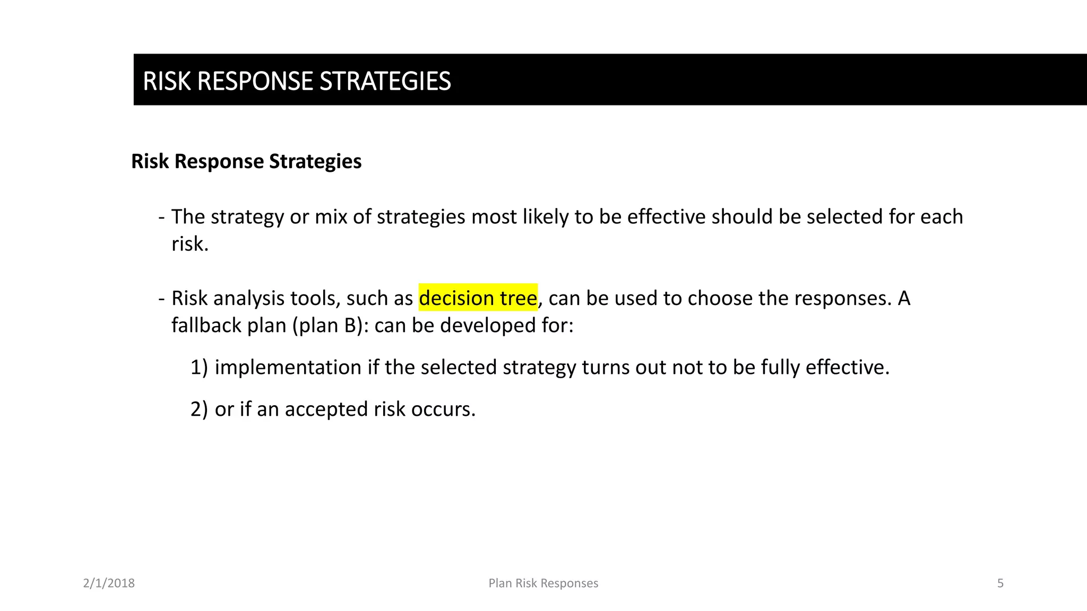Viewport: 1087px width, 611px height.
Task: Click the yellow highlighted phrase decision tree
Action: pos(478,298)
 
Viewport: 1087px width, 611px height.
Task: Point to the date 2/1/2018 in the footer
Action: pos(109,583)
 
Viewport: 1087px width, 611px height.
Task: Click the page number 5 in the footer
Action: pos(1000,583)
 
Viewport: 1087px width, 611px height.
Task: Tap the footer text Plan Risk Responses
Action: pos(543,583)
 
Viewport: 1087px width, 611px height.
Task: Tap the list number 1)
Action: pos(199,367)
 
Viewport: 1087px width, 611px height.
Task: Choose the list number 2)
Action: pos(199,409)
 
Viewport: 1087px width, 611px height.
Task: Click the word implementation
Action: pos(288,367)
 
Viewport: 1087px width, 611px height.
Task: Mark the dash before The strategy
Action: pos(161,217)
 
